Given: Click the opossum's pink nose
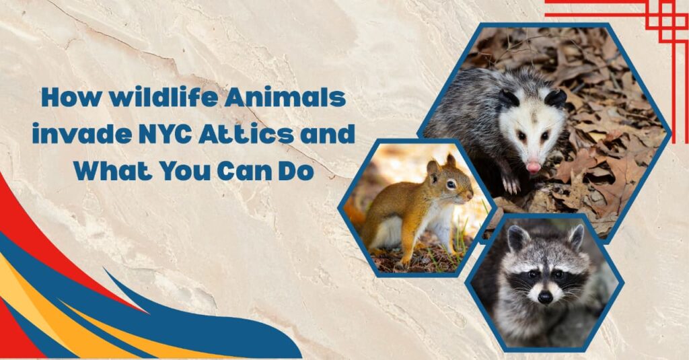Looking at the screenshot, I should coord(534,166).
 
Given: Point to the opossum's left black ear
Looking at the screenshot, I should coord(508,98).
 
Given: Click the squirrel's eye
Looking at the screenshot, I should coord(450,183).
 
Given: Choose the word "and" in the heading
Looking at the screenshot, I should coord(327,135).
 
